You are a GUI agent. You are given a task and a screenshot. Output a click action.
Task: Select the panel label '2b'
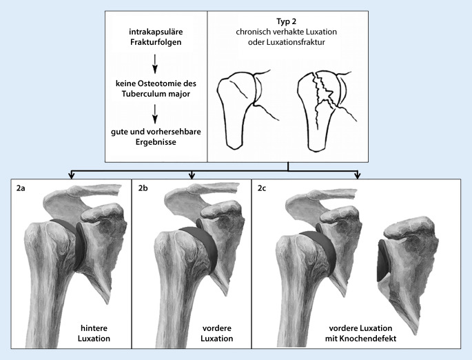(143, 187)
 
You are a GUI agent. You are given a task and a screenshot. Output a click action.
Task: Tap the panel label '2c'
(262, 187)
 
